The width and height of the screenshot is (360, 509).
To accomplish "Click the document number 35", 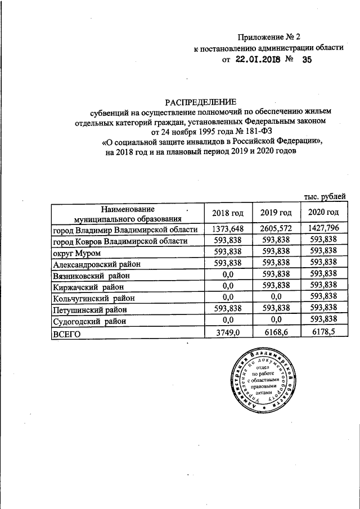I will (x=307, y=61).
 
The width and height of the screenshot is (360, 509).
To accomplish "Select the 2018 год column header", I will (x=228, y=213).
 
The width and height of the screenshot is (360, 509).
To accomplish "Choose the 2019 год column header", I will (x=276, y=213).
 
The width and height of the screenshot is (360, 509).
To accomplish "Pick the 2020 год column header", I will (x=323, y=213).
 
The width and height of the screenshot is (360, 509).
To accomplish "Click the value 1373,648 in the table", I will (x=228, y=229).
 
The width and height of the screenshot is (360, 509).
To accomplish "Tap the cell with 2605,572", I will (x=276, y=229).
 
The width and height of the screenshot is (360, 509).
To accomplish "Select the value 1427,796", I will (x=323, y=229).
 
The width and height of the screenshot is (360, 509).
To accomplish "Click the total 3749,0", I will (x=228, y=334).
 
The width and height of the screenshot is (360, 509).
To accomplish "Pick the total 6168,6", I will (x=276, y=334).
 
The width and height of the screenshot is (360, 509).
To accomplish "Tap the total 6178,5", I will (x=323, y=334).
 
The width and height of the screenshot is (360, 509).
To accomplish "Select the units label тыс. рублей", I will (x=325, y=197).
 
